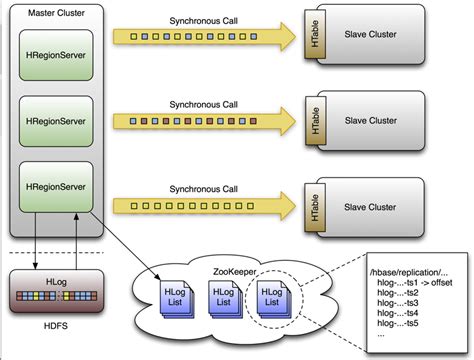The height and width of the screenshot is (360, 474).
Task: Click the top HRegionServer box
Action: coord(56,55)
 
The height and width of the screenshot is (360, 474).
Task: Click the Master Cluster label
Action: coord(48,13)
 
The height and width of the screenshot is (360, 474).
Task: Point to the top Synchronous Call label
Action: coord(205,20)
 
